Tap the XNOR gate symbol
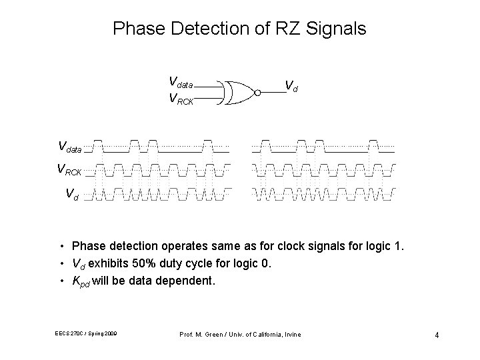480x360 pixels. pos(240,93)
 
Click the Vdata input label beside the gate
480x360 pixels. pos(181,83)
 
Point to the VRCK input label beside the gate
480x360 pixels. pos(181,99)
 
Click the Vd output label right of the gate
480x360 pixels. pos(291,85)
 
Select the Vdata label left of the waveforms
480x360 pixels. pos(71,146)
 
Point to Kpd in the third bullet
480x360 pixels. pos(81,281)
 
